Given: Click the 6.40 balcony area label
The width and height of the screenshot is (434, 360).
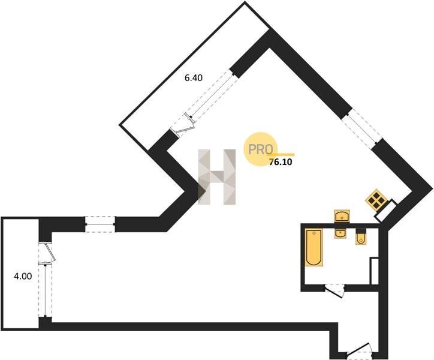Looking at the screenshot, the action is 194,78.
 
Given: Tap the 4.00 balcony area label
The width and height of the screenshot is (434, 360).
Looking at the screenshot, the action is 23,276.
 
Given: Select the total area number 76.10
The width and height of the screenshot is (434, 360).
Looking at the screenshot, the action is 281,162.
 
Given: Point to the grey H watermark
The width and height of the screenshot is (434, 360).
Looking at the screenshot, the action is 217,177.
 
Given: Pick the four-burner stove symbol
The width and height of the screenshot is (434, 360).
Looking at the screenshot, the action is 376,199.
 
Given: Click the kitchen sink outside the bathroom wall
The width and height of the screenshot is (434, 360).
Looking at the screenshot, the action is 342,215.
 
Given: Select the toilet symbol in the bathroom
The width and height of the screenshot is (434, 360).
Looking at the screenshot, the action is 361,237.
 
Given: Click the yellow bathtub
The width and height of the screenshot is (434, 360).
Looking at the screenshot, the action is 314,247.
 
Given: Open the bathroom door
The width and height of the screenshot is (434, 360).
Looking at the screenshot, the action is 334,291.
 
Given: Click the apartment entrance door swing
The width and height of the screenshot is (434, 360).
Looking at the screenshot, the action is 359,350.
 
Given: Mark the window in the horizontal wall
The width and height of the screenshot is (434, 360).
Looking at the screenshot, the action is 100,224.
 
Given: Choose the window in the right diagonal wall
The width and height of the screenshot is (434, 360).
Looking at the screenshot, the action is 361,126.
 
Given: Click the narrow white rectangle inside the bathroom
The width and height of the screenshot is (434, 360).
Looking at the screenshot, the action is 375,271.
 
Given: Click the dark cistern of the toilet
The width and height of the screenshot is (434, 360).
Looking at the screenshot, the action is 361,232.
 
